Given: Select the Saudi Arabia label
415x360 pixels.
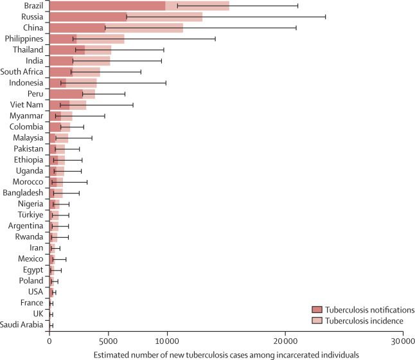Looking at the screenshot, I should (x=22, y=325).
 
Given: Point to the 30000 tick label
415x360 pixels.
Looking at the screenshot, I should (x=403, y=341).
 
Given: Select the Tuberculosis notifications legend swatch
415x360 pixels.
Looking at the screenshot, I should (x=316, y=310).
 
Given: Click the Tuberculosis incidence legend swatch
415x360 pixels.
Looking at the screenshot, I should (x=316, y=321).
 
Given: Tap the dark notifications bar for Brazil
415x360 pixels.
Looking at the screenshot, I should (x=107, y=6).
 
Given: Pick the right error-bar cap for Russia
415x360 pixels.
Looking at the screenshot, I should (x=326, y=17).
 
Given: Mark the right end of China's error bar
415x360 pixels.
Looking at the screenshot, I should (x=296, y=28).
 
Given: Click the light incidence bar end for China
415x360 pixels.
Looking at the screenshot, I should (x=182, y=28).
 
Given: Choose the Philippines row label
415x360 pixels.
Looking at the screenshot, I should (x=24, y=39).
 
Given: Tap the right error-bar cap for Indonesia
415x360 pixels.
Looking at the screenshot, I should (x=166, y=82).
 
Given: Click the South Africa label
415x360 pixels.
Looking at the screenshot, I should (x=22, y=71).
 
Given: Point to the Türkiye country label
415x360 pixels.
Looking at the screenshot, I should (x=29, y=215).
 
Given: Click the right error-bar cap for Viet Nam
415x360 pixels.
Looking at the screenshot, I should (x=133, y=105).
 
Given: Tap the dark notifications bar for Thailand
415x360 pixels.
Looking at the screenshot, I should (x=67, y=50).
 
